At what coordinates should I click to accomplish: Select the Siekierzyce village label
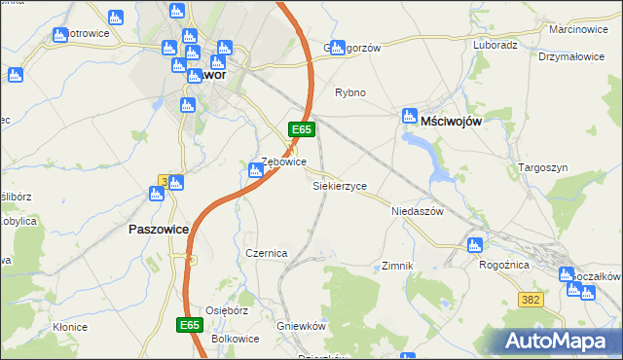[339, 185]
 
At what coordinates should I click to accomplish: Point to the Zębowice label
[284, 162]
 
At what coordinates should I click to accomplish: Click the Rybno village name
[349, 93]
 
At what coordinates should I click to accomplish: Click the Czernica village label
[266, 253]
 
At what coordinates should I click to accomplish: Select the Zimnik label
[398, 266]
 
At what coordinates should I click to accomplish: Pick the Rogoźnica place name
[503, 264]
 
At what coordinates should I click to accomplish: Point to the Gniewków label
[300, 327]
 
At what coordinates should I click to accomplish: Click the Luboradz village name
[495, 45]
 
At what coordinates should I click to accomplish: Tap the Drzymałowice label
[571, 56]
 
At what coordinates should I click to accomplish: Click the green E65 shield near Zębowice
[301, 129]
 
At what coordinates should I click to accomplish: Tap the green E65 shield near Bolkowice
[190, 324]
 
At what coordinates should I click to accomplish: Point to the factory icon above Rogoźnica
[474, 245]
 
